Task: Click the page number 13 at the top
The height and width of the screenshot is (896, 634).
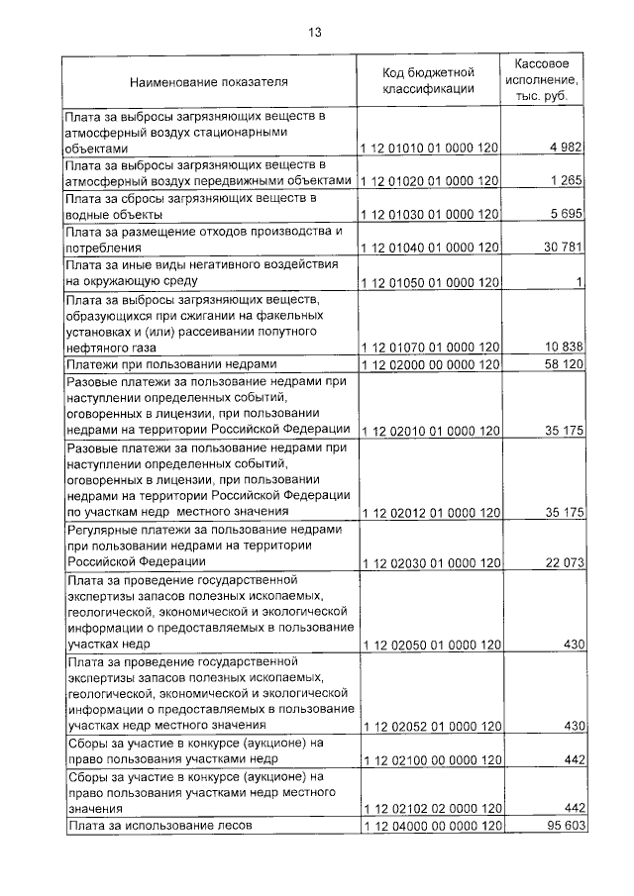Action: [x=315, y=32]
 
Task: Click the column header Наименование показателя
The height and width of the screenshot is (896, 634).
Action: [x=209, y=81]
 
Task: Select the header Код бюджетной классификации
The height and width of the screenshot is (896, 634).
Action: [x=429, y=80]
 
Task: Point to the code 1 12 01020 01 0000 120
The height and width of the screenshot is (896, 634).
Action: [x=429, y=181]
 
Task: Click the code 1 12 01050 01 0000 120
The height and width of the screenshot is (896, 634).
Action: [x=429, y=283]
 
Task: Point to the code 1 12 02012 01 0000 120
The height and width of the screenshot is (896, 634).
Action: [x=429, y=513]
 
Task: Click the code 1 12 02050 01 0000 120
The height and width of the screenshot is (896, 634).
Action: [x=429, y=645]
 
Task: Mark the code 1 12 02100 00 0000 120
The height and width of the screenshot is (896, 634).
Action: [x=429, y=759]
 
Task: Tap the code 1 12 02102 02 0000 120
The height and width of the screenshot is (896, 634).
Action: [x=429, y=809]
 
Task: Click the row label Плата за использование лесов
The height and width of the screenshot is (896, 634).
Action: [x=159, y=826]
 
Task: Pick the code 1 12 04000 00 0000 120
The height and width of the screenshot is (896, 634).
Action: [x=429, y=826]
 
